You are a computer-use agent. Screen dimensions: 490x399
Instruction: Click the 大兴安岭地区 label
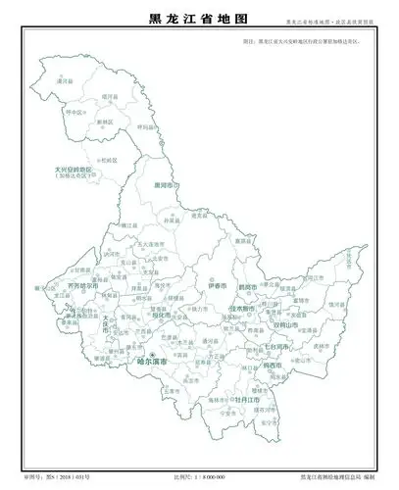coord(75,171)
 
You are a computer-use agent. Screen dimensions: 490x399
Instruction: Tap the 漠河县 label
coord(67,82)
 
